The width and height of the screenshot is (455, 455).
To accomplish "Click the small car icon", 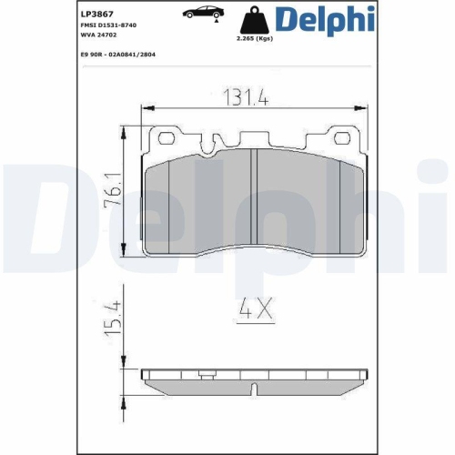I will click(x=201, y=13).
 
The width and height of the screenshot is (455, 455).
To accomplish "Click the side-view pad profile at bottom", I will click(x=255, y=379).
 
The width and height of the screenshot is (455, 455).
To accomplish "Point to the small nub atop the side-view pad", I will click(x=209, y=370).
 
